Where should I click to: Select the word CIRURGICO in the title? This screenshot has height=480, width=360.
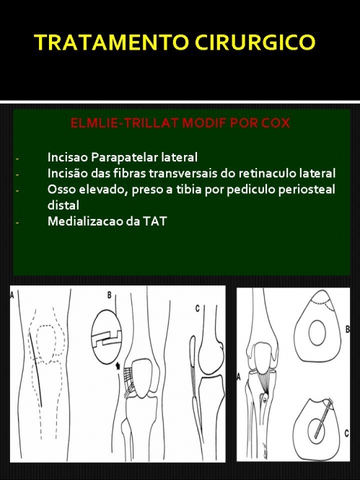[x=255, y=42]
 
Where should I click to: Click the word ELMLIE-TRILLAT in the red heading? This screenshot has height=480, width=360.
[x=125, y=123]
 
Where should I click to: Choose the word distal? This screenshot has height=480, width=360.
[x=63, y=205]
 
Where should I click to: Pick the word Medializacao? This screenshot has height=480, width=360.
[x=85, y=221]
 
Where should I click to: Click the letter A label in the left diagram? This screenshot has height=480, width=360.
[x=12, y=295]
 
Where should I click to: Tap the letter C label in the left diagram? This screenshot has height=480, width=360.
[x=198, y=308]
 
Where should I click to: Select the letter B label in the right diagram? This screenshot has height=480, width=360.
[x=348, y=329]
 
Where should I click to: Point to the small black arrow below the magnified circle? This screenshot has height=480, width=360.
[x=118, y=365]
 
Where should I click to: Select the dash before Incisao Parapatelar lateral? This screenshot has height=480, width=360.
[x=17, y=159]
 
